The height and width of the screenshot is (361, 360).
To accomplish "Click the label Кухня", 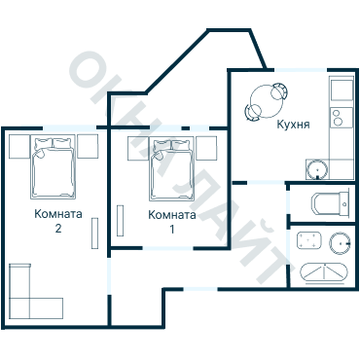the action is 293,125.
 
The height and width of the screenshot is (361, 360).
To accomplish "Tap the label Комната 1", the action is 172,222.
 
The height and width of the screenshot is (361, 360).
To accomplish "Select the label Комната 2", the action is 58,221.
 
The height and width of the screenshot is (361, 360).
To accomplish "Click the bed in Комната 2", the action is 54,167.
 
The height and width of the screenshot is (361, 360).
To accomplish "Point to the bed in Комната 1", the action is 171,169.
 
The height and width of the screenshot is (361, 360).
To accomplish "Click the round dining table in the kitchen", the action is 267,101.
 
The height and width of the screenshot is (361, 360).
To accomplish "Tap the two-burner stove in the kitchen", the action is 342,118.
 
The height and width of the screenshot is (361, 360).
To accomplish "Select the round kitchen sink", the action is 317,169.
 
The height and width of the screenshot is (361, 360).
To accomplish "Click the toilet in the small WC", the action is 331,203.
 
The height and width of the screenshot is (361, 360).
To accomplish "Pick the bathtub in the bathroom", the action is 324,272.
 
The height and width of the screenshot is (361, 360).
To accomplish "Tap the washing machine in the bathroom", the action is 309,240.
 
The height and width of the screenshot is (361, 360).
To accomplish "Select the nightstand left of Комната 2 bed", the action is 19,147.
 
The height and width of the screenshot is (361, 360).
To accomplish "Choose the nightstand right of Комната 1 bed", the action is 206,148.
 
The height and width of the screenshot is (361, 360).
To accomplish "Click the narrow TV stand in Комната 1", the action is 120,221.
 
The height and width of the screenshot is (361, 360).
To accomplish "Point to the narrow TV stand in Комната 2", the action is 94,234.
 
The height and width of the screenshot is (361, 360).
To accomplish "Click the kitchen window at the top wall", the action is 301,70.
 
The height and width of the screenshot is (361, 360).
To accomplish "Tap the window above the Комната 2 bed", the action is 70,127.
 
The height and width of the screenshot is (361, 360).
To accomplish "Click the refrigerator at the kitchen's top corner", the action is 342,89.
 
